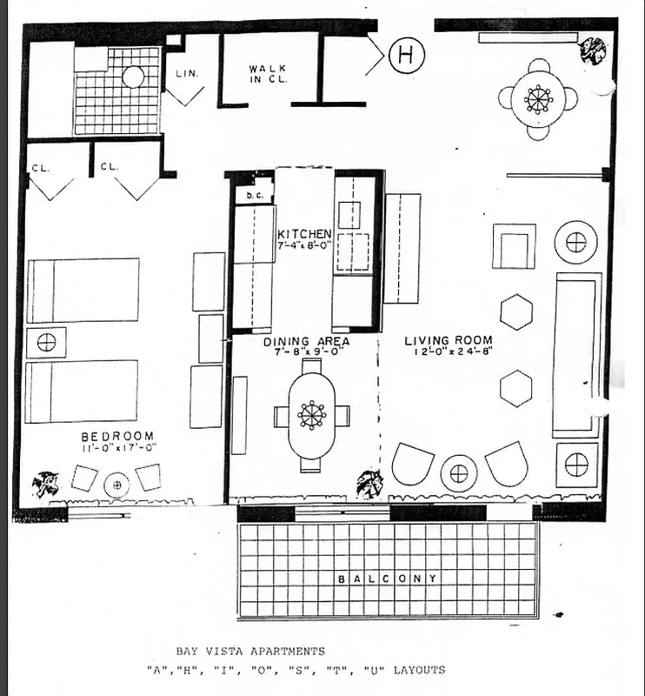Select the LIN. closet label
pyautogui.click(x=187, y=73)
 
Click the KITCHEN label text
pyautogui.click(x=303, y=234)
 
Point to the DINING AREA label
pyautogui.click(x=307, y=342)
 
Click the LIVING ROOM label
pyautogui.click(x=449, y=340)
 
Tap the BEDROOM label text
pyautogui.click(x=117, y=436)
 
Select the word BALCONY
pyautogui.click(x=388, y=579)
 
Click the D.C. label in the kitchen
pyautogui.click(x=254, y=196)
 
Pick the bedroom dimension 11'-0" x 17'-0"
pyautogui.click(x=117, y=449)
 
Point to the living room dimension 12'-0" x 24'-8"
pyautogui.click(x=449, y=354)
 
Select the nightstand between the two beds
pyautogui.click(x=46, y=342)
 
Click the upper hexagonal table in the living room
pyautogui.click(x=515, y=311)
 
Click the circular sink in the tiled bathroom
pyautogui.click(x=133, y=77)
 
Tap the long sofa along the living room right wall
pyautogui.click(x=576, y=354)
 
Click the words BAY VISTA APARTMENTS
pyautogui.click(x=249, y=651)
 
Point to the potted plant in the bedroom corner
pyautogui.click(x=46, y=482)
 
